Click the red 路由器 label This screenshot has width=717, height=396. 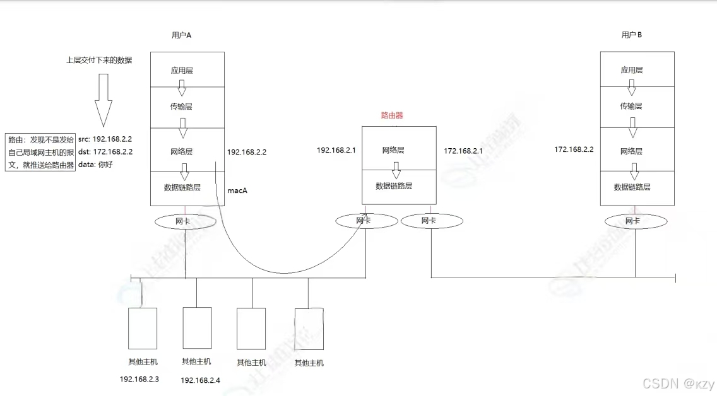391,115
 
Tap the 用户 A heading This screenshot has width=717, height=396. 181,35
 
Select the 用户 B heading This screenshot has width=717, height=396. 631,35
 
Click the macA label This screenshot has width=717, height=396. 237,190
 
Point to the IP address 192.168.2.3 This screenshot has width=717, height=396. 139,379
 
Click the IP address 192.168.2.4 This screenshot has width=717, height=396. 200,380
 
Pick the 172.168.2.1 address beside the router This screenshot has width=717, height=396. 463,151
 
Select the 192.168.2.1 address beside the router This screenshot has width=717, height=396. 336,150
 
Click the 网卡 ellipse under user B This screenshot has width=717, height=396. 636,221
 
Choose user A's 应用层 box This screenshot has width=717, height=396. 187,70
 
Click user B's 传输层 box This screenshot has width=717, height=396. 636,107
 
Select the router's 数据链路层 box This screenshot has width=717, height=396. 398,187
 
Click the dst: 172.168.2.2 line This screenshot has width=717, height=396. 105,151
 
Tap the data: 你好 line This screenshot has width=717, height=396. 96,165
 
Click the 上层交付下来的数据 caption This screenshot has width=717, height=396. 99,61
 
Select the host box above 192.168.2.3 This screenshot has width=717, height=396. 143,329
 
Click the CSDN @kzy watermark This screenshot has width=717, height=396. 677,383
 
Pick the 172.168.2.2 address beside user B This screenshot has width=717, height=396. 574,149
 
